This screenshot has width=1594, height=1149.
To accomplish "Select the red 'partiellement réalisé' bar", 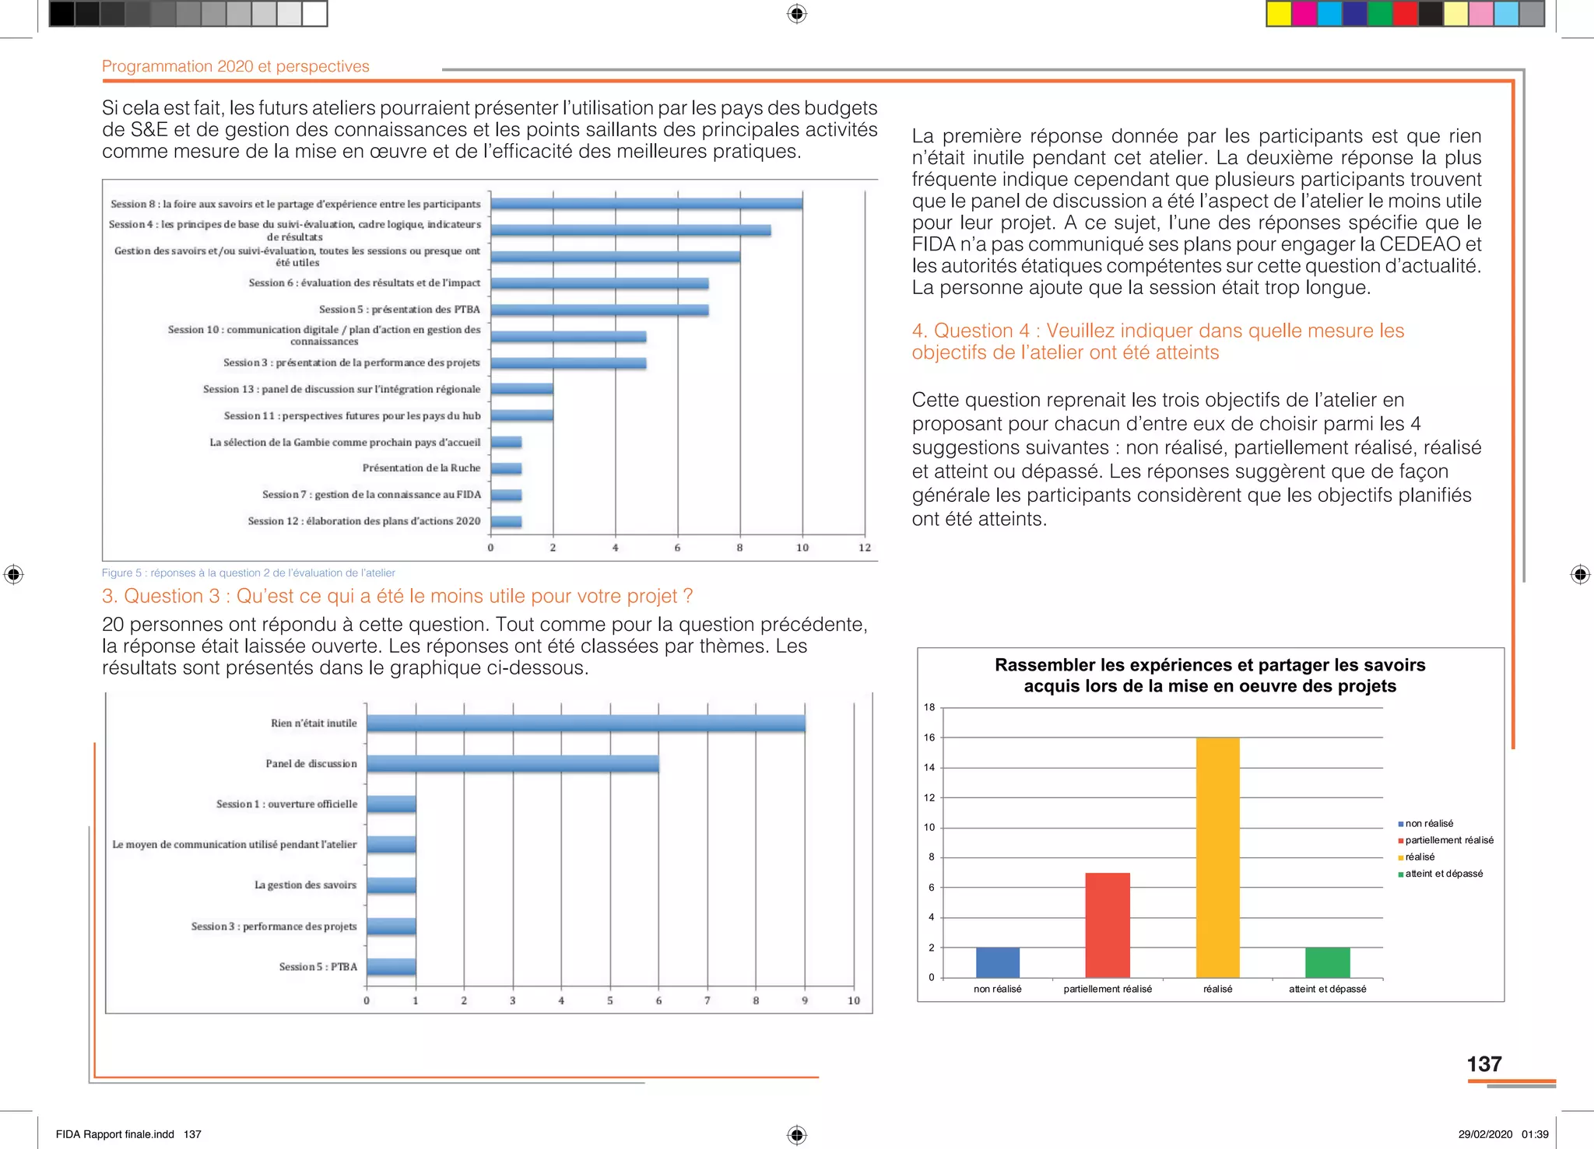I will pos(1108,925).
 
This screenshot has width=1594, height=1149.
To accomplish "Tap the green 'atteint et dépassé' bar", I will pos(1327,962).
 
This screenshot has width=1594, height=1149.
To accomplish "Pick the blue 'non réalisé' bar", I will pos(997,962).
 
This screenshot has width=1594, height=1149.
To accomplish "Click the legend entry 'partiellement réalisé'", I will pos(1448,840).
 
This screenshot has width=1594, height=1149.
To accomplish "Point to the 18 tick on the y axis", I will pos(929,707).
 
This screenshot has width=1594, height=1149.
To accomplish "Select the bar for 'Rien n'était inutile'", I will pos(585,723).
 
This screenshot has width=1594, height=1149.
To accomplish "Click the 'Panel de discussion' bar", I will pos(512,764).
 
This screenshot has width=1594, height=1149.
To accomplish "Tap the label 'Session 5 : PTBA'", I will pos(318,967).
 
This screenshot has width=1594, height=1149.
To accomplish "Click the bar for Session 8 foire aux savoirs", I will pos(646,204).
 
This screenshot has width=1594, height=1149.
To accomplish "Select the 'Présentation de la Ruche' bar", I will pos(506,468).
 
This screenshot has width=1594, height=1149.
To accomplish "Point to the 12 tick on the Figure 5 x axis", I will pos(865,548).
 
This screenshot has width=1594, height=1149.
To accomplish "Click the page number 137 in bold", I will pos(1483,1064).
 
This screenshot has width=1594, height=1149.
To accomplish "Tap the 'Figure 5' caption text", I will pos(248,573).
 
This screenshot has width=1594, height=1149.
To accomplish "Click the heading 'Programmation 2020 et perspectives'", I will pos(236,67).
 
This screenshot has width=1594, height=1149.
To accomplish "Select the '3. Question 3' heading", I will pos(397,596).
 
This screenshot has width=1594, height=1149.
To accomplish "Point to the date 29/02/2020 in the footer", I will pos(1485,1134).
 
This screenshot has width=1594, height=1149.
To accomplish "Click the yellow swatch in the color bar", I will pos(1279,14).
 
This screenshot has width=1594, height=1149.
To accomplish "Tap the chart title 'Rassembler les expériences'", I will pos(1210,675).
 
